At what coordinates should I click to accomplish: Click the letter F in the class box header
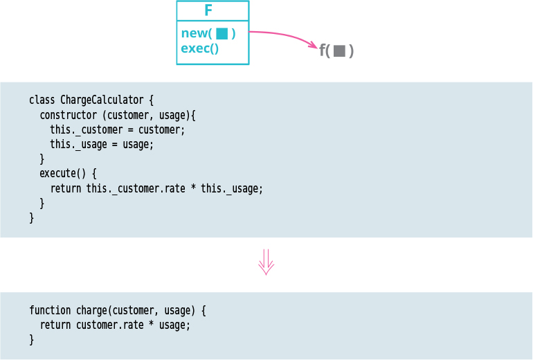208,10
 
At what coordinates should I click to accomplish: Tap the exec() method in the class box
199,48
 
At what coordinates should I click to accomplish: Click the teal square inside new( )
222,33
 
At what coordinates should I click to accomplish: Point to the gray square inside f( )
339,51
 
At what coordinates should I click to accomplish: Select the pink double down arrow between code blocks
266,262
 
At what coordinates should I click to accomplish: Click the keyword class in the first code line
42,100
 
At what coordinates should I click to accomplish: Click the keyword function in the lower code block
50,311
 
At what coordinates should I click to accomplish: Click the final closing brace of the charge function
31,339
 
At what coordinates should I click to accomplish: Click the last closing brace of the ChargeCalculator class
31,217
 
